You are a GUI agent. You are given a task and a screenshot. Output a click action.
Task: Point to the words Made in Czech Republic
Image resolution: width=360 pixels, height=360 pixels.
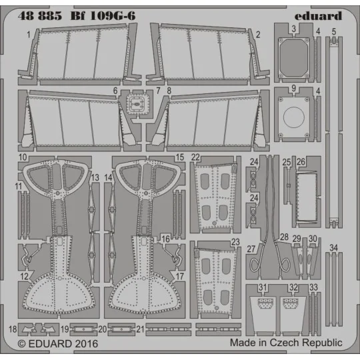(286, 342)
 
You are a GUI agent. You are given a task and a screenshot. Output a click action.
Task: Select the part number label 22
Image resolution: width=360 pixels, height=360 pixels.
(196, 157)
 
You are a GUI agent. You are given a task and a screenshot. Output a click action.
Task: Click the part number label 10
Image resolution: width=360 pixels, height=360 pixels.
(22, 157)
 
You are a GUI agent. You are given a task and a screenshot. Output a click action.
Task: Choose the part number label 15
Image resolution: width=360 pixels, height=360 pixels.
(179, 157)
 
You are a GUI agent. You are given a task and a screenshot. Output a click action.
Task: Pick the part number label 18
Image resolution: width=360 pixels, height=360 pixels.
(13, 329)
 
